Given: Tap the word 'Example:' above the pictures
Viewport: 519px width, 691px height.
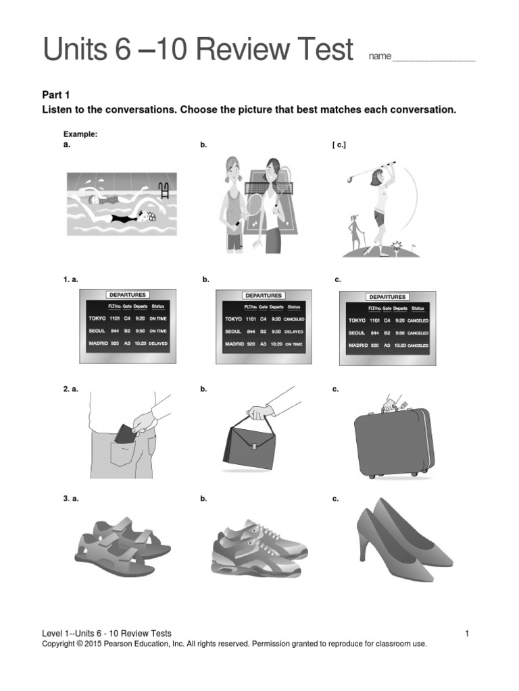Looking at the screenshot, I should point(80,134).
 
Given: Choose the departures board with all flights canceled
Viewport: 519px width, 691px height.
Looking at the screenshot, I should point(387,329).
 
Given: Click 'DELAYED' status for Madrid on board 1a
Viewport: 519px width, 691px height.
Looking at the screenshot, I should point(159,343).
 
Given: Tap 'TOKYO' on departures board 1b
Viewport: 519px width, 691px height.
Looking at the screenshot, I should point(234,319).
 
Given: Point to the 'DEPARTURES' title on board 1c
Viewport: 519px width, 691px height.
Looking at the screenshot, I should point(388,297).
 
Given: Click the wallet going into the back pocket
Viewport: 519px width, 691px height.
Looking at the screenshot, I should point(125,433).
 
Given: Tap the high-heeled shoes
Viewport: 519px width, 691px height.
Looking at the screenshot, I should point(402,539).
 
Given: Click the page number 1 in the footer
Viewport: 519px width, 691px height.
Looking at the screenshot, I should point(467,633).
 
